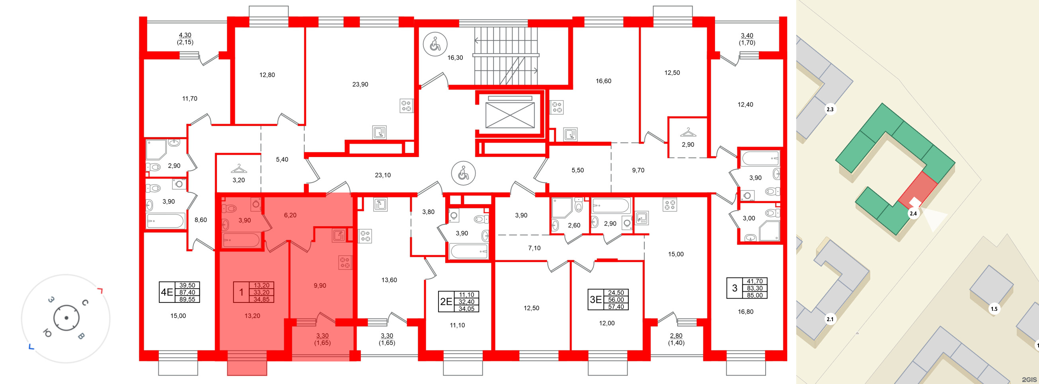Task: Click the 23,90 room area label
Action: tap(360, 85)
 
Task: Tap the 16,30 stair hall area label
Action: tap(455, 58)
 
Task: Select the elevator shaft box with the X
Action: tap(510, 115)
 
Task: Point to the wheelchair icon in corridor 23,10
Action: tap(464, 173)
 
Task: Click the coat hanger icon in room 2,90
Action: tap(688, 132)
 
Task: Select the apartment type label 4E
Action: tap(167, 292)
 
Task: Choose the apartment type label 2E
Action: tap(446, 302)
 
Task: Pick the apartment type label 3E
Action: tap(596, 300)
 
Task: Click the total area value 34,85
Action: tap(261, 299)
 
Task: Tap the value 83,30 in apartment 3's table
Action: tap(754, 289)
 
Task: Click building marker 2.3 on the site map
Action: tap(830, 109)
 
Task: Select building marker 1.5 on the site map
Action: tap(994, 309)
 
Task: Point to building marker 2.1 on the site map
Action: tap(830, 319)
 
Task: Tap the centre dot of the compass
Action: tap(66, 318)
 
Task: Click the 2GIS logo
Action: tap(1029, 380)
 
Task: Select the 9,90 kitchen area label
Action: tap(320, 286)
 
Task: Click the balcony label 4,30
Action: tap(185, 35)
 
